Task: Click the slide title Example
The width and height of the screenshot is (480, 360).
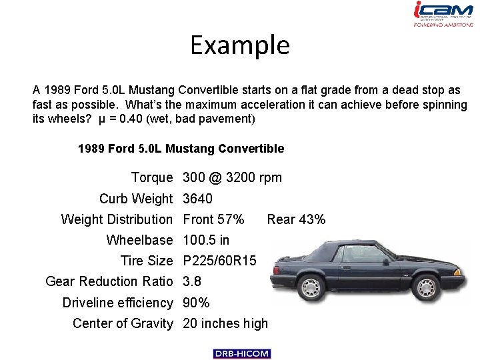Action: [240, 45]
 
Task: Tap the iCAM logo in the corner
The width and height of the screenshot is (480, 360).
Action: [443, 14]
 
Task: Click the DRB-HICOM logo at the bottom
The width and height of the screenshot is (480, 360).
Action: [242, 353]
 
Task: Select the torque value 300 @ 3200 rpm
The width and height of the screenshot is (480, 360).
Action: [232, 177]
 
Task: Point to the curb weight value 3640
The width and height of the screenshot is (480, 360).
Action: [197, 199]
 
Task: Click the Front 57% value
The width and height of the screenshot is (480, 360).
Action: [213, 219]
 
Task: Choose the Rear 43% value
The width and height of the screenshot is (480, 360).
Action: [296, 219]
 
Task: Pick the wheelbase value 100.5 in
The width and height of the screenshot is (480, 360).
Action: [206, 240]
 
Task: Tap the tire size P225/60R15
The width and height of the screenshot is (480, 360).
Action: [219, 261]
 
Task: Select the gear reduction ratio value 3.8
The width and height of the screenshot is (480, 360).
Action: [192, 282]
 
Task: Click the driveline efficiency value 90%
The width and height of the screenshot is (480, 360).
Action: [196, 303]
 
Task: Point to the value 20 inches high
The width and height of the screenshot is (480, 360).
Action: [225, 324]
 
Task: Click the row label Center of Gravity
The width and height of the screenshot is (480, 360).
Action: [123, 324]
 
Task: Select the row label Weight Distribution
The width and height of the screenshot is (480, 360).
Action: [117, 219]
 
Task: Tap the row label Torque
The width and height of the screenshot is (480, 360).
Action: [152, 177]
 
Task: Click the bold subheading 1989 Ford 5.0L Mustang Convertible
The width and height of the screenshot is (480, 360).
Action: [181, 149]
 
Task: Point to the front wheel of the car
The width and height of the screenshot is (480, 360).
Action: [311, 288]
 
